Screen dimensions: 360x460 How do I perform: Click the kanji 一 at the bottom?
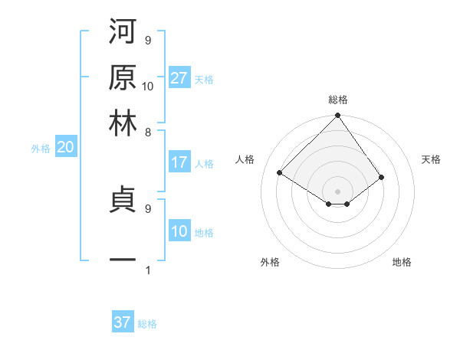click(x=123, y=260)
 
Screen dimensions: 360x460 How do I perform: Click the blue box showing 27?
click(x=179, y=78)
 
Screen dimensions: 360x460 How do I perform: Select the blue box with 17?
click(x=179, y=162)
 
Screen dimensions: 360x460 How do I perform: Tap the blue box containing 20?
click(x=65, y=148)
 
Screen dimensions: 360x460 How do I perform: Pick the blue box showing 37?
click(x=123, y=322)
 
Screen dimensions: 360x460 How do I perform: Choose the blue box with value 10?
click(x=179, y=232)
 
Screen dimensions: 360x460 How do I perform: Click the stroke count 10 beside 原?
click(x=148, y=86)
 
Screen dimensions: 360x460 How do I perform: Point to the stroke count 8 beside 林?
click(x=148, y=132)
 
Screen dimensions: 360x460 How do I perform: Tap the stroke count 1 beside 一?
click(x=148, y=270)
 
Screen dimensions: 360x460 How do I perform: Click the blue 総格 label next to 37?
click(x=147, y=324)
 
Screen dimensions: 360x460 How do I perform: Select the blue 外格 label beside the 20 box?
click(x=41, y=149)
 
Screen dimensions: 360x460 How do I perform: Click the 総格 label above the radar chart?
click(x=337, y=100)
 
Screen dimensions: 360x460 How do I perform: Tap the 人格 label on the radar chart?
click(x=245, y=159)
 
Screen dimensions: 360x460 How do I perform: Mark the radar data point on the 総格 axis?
click(x=337, y=116)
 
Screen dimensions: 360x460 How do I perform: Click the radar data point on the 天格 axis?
click(x=381, y=177)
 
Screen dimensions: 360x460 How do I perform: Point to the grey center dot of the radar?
click(x=337, y=191)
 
